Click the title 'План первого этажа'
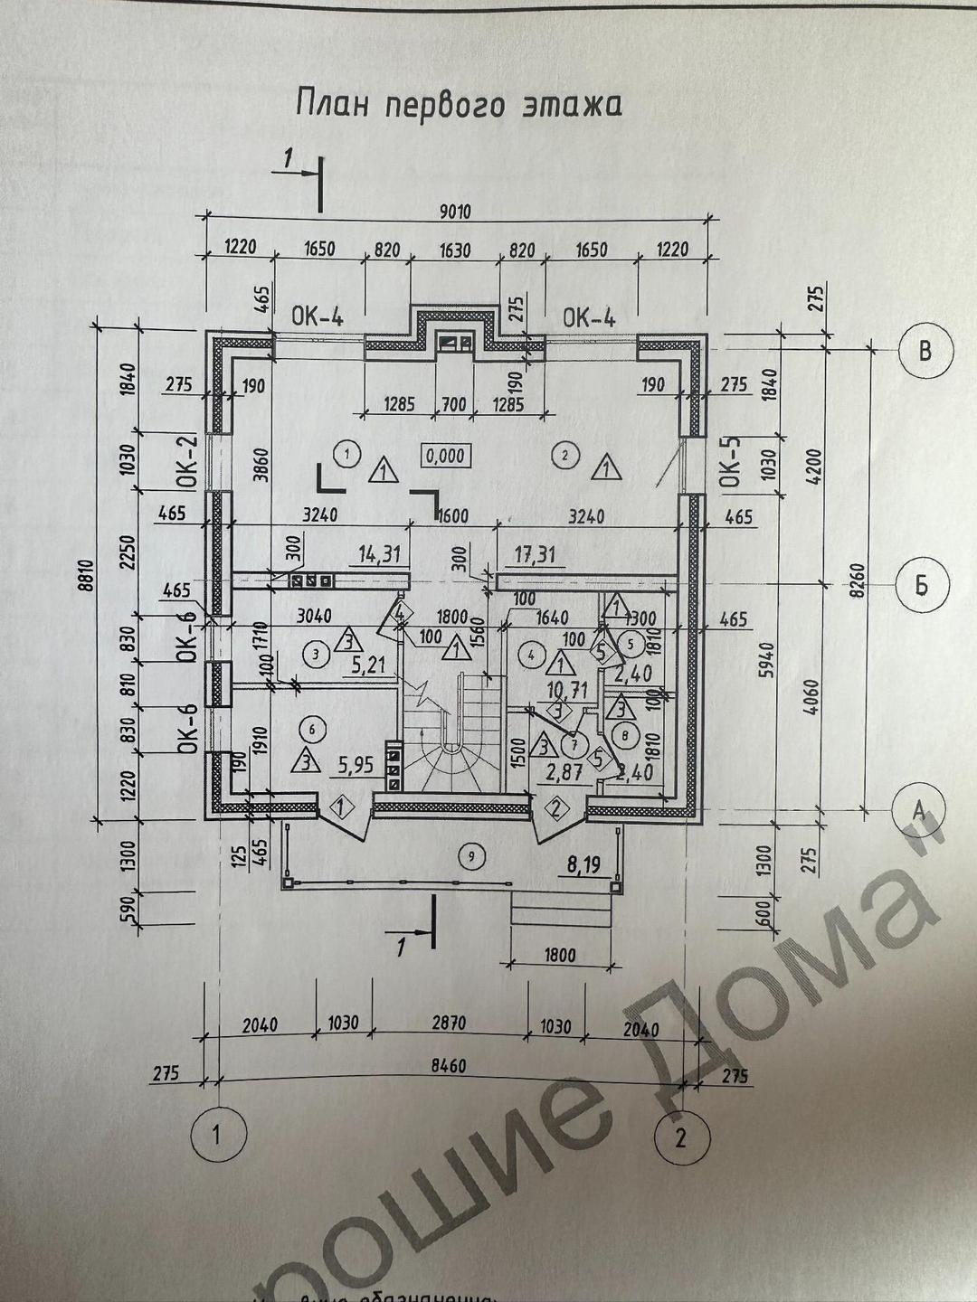coord(459,105)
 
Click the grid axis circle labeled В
coord(925,350)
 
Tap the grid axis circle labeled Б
coord(921,585)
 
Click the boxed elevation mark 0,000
coord(445,456)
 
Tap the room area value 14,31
coord(379,553)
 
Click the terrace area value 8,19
coord(583,865)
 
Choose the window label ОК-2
coord(186,462)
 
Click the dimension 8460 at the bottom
coord(448,1067)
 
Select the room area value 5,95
coord(355,766)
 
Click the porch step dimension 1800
coord(560,954)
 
